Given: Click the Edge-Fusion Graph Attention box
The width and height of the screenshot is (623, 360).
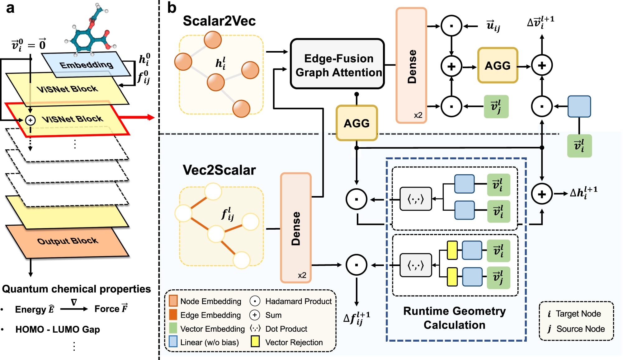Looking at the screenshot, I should click(x=337, y=64).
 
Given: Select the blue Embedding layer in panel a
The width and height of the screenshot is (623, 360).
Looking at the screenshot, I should click(x=86, y=64).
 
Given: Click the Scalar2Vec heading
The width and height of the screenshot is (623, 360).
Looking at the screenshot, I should click(x=219, y=21).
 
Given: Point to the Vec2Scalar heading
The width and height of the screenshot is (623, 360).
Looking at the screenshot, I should click(x=219, y=170).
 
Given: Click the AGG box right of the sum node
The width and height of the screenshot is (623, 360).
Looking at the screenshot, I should click(x=498, y=65).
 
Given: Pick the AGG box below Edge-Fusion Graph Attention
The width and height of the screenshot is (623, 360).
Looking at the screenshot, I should click(x=356, y=123).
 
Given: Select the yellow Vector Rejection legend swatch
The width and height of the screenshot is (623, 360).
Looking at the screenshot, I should click(x=255, y=342).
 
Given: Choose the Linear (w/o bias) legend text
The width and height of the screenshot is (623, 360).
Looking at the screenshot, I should click(x=209, y=342).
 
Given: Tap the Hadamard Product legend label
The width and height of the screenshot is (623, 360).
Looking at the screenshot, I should click(x=298, y=301).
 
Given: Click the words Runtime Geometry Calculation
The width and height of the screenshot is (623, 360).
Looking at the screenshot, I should click(x=454, y=318).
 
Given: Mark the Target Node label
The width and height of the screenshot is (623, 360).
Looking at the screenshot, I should click(x=578, y=314).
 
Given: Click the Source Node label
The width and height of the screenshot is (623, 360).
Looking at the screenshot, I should click(x=580, y=329).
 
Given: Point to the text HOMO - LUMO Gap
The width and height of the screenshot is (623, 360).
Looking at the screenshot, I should click(x=58, y=329).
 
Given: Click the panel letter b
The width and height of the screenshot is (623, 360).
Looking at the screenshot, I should click(x=172, y=8).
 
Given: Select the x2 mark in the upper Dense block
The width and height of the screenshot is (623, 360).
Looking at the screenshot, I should click(x=418, y=115).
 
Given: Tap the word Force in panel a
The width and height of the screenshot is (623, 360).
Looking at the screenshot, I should click(x=107, y=309).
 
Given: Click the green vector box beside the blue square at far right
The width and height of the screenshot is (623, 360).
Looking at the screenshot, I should click(x=579, y=146).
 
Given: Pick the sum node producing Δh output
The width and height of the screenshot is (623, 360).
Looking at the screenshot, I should click(x=542, y=194).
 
